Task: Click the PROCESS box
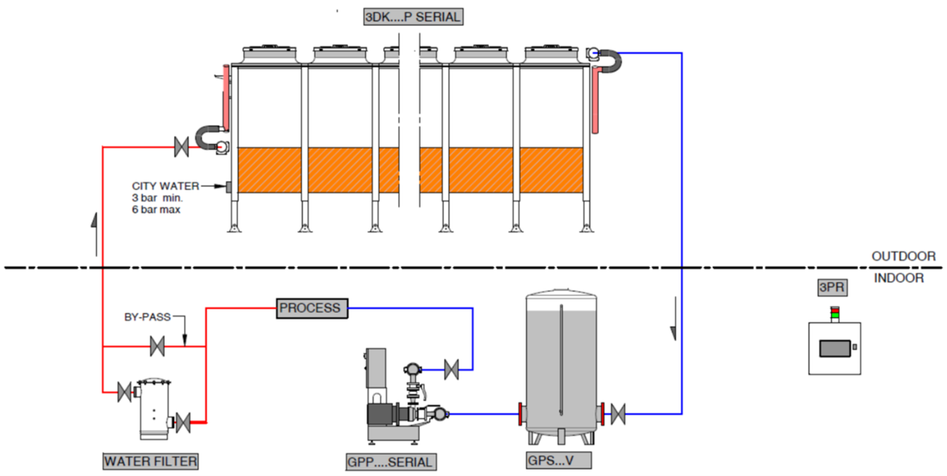(x=312, y=308)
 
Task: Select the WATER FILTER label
(x=151, y=461)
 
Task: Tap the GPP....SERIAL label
(x=391, y=462)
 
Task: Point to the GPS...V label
(x=559, y=460)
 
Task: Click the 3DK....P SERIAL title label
(x=413, y=17)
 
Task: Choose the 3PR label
(x=832, y=288)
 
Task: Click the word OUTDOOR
(x=903, y=256)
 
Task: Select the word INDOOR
(x=899, y=278)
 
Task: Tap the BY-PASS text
(x=147, y=317)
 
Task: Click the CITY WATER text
(x=166, y=186)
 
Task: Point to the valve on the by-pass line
(x=157, y=346)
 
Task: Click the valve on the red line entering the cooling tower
(x=181, y=147)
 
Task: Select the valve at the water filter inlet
(x=124, y=392)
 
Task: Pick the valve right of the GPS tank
(x=618, y=414)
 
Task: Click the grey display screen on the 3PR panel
(x=835, y=348)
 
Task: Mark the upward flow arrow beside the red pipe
(x=94, y=234)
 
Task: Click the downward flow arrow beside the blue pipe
(x=674, y=319)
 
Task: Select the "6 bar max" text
(x=156, y=209)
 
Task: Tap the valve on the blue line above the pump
(x=451, y=370)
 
